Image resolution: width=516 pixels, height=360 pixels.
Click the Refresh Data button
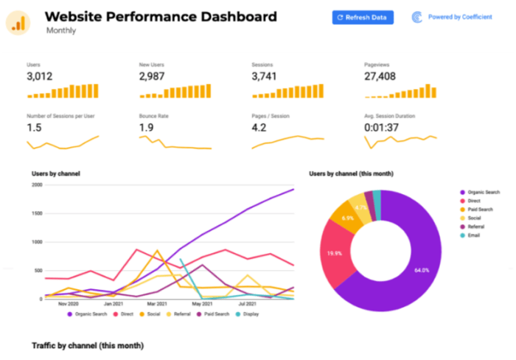pos(363,17)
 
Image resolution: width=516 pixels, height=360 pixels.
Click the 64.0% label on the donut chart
pos(421,271)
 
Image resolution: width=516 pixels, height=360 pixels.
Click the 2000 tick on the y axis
pos(37,184)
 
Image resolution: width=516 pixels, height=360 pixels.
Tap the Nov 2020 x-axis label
pos(69,303)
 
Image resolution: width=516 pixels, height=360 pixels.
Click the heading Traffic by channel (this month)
pos(87,345)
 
